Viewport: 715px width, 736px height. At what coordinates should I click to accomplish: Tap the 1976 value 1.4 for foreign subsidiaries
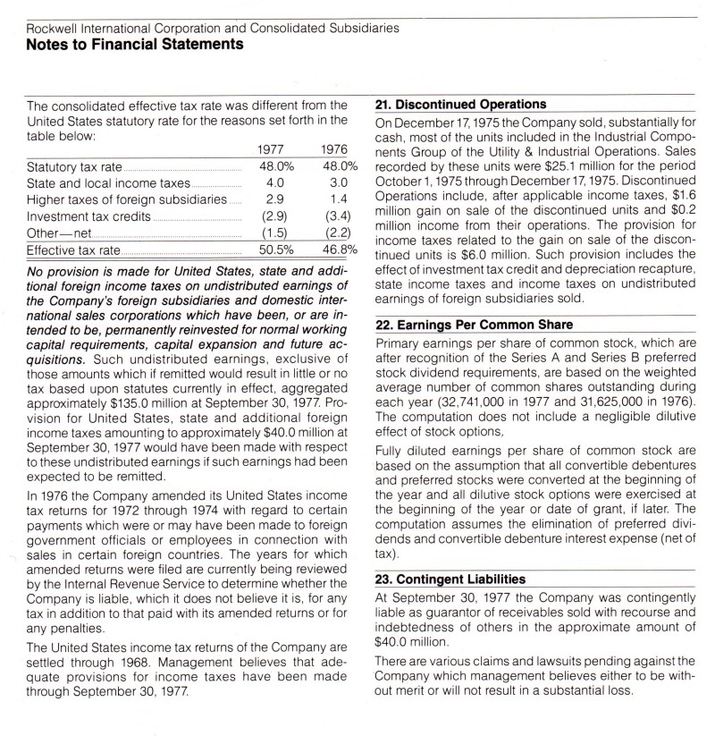(338, 199)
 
